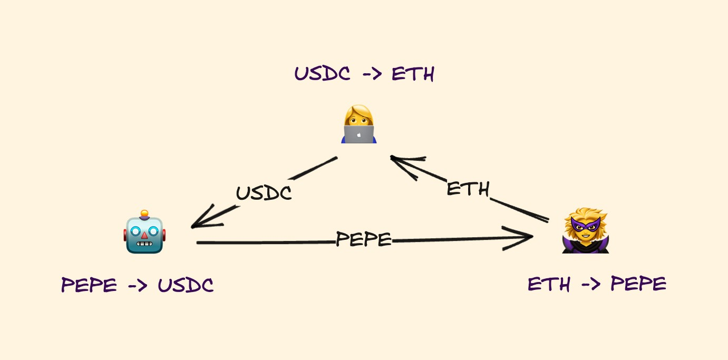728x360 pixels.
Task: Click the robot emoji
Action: pos(145,232)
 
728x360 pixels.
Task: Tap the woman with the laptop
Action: pos(358,125)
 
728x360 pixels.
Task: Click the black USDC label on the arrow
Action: pos(264,193)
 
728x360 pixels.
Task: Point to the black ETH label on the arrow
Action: pos(468,189)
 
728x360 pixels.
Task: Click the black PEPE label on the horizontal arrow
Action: pos(364,240)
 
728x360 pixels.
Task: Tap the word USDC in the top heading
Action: pos(322,74)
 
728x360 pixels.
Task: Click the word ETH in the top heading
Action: pos(413,74)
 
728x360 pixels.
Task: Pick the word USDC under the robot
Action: pos(186,285)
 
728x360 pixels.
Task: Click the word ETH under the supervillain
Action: pos(549,285)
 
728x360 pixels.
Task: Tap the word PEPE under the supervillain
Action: pos(638,285)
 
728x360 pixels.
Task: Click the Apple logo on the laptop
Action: pos(359,134)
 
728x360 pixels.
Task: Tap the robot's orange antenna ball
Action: pos(144,213)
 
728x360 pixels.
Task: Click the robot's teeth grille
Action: pos(144,246)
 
